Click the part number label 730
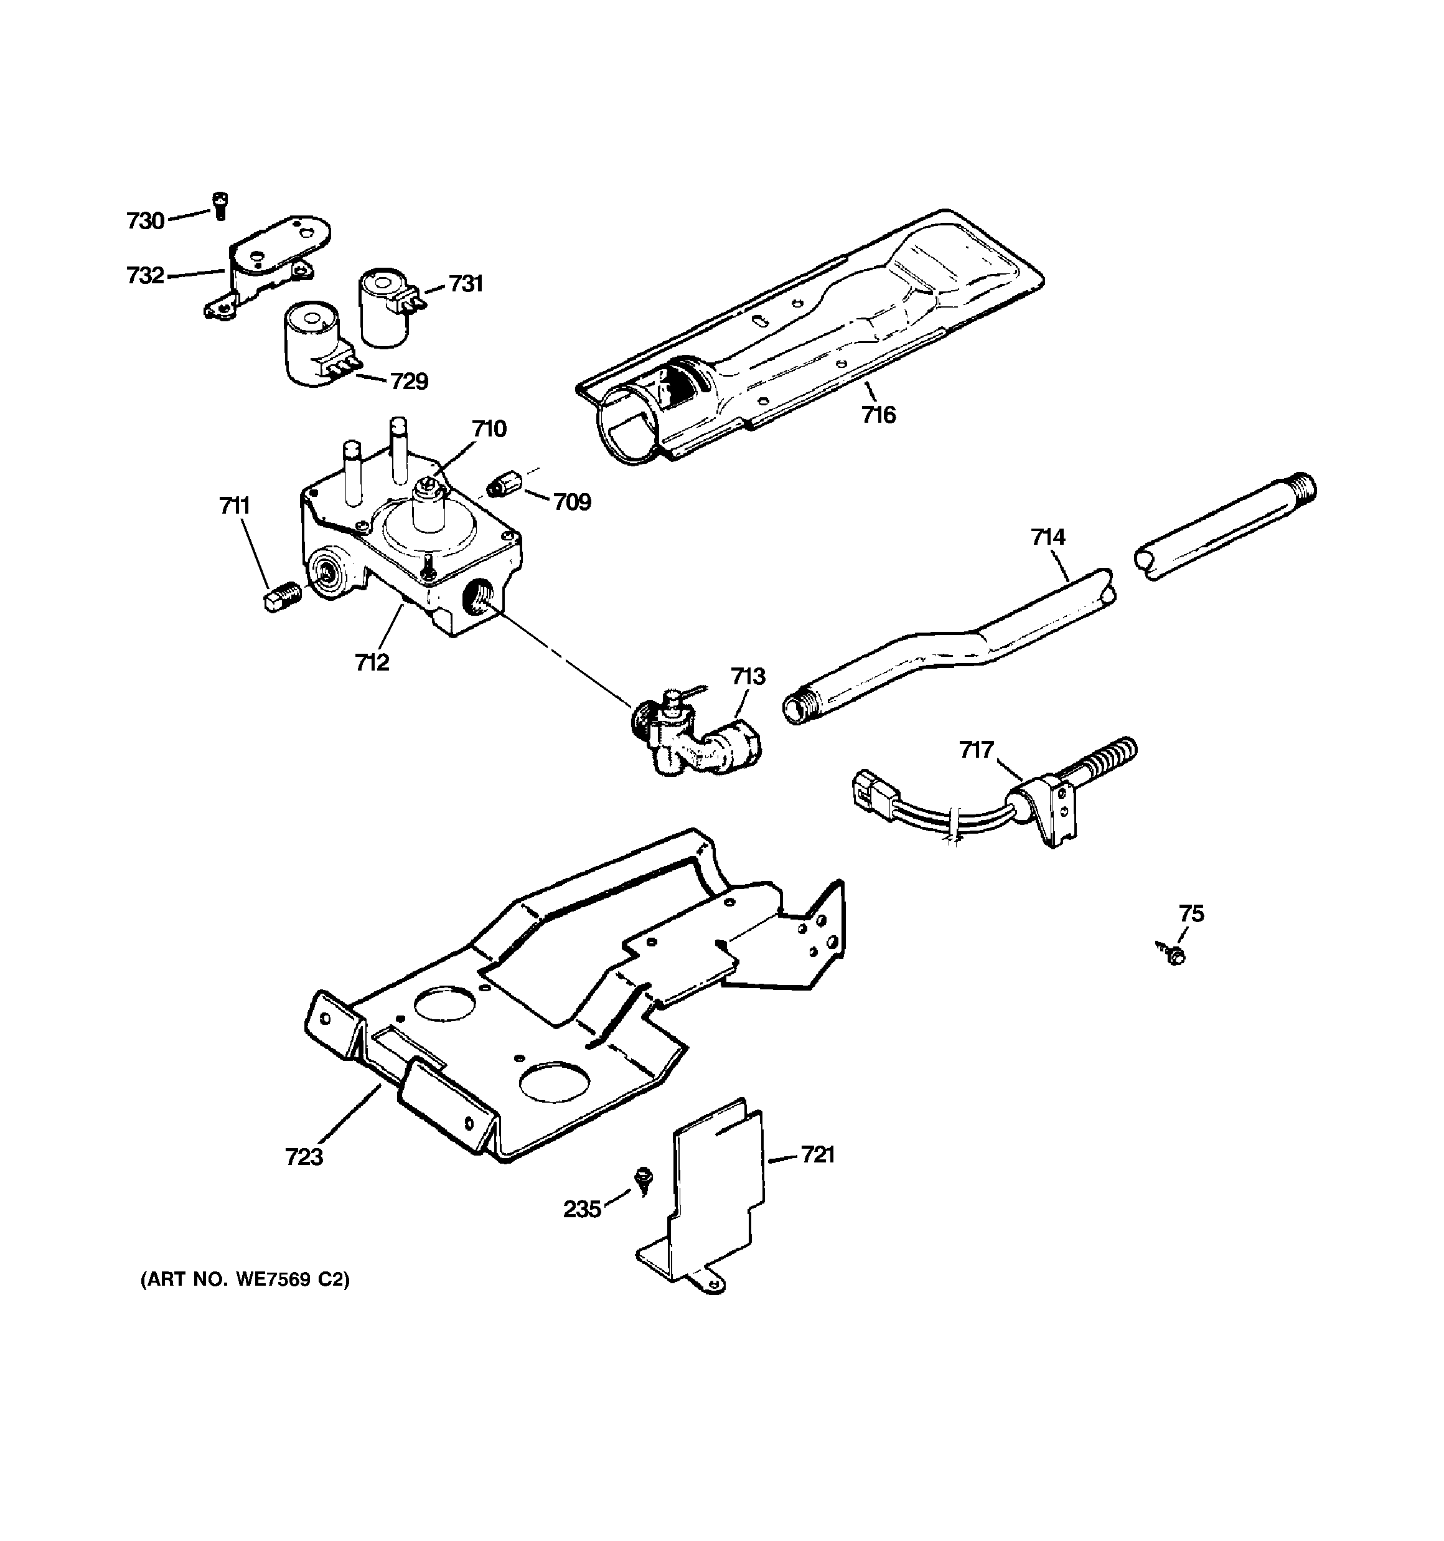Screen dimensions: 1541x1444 [146, 222]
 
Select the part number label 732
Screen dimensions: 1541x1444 [146, 276]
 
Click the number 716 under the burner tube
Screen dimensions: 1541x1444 [878, 415]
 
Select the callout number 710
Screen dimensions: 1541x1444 [489, 428]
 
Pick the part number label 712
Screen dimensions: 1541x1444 [372, 662]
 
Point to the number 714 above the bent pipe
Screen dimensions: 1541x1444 [1048, 537]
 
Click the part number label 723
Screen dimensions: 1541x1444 [304, 1157]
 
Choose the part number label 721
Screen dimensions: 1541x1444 [817, 1156]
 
